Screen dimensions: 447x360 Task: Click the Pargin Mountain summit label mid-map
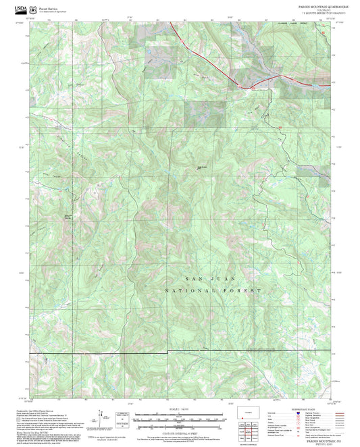coord(201,167)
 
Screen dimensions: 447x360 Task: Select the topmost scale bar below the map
coord(174,415)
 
